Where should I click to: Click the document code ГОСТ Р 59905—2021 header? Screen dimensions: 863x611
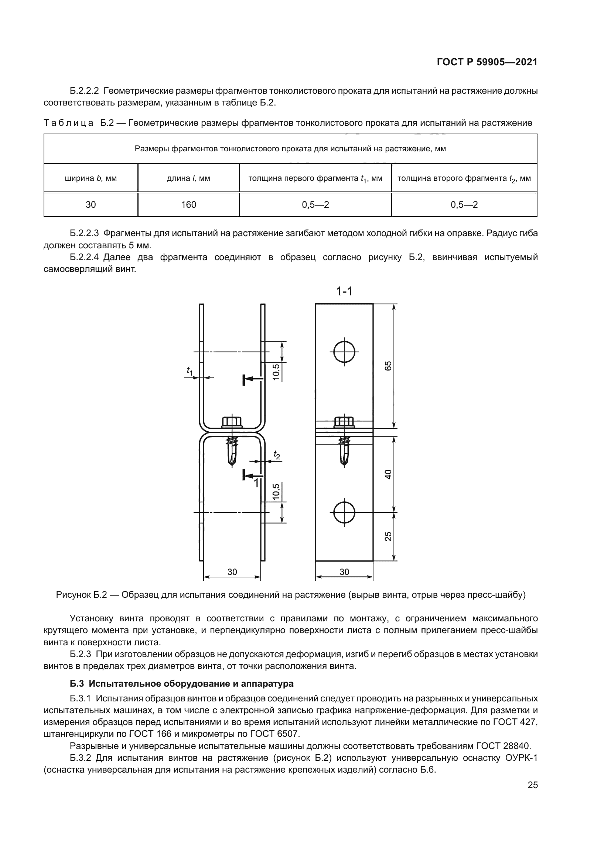(487, 62)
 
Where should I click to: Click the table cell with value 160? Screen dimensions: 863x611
(188, 204)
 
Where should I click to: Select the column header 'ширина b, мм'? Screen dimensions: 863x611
(91, 178)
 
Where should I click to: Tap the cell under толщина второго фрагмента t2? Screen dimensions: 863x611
(464, 204)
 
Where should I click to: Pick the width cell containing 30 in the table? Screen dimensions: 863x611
(91, 204)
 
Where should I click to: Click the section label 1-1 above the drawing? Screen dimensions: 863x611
(344, 291)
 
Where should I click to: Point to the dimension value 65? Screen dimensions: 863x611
(388, 366)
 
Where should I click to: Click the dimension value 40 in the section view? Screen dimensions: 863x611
(388, 474)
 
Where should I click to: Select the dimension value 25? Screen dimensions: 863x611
(388, 536)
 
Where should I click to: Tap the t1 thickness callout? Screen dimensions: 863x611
(190, 371)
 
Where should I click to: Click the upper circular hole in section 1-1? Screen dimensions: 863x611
(344, 352)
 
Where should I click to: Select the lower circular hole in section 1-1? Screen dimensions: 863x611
(344, 511)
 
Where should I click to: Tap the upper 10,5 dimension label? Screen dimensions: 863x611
(277, 372)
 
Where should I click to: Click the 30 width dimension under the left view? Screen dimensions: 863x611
(232, 572)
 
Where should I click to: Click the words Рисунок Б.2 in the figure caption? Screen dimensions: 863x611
(82, 595)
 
